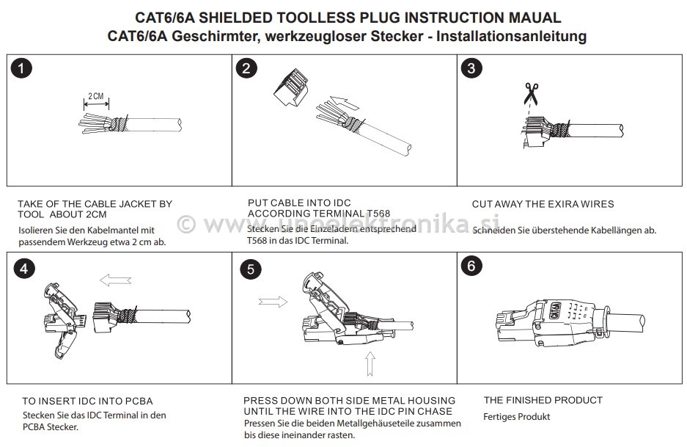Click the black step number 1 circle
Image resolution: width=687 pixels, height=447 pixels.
[x=21, y=68]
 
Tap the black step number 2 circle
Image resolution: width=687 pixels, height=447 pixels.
[x=246, y=68]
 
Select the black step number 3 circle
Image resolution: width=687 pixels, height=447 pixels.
[x=471, y=68]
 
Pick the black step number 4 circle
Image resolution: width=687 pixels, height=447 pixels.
[x=24, y=269]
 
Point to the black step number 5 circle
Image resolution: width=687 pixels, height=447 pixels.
[x=251, y=269]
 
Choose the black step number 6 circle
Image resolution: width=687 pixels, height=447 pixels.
[x=471, y=266]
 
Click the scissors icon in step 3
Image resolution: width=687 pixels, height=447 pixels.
[x=531, y=93]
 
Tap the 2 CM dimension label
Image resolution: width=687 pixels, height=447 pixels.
[x=96, y=96]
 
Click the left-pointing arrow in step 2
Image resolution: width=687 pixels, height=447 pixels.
[x=345, y=103]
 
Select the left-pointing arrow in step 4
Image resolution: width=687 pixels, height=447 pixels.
[x=115, y=280]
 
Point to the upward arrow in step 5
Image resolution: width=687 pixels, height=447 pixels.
[x=370, y=363]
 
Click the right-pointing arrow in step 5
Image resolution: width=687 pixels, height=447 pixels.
[x=273, y=302]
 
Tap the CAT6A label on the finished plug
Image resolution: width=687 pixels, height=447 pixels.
[x=555, y=311]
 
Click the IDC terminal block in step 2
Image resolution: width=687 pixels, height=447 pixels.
[x=291, y=89]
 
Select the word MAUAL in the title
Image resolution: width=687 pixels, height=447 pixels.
[x=534, y=18]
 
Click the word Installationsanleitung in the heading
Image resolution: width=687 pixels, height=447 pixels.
[x=511, y=36]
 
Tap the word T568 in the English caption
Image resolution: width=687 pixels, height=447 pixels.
[x=378, y=214]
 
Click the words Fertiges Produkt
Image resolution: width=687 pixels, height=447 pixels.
[x=517, y=417]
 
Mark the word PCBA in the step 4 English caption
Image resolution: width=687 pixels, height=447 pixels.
[x=139, y=401]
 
